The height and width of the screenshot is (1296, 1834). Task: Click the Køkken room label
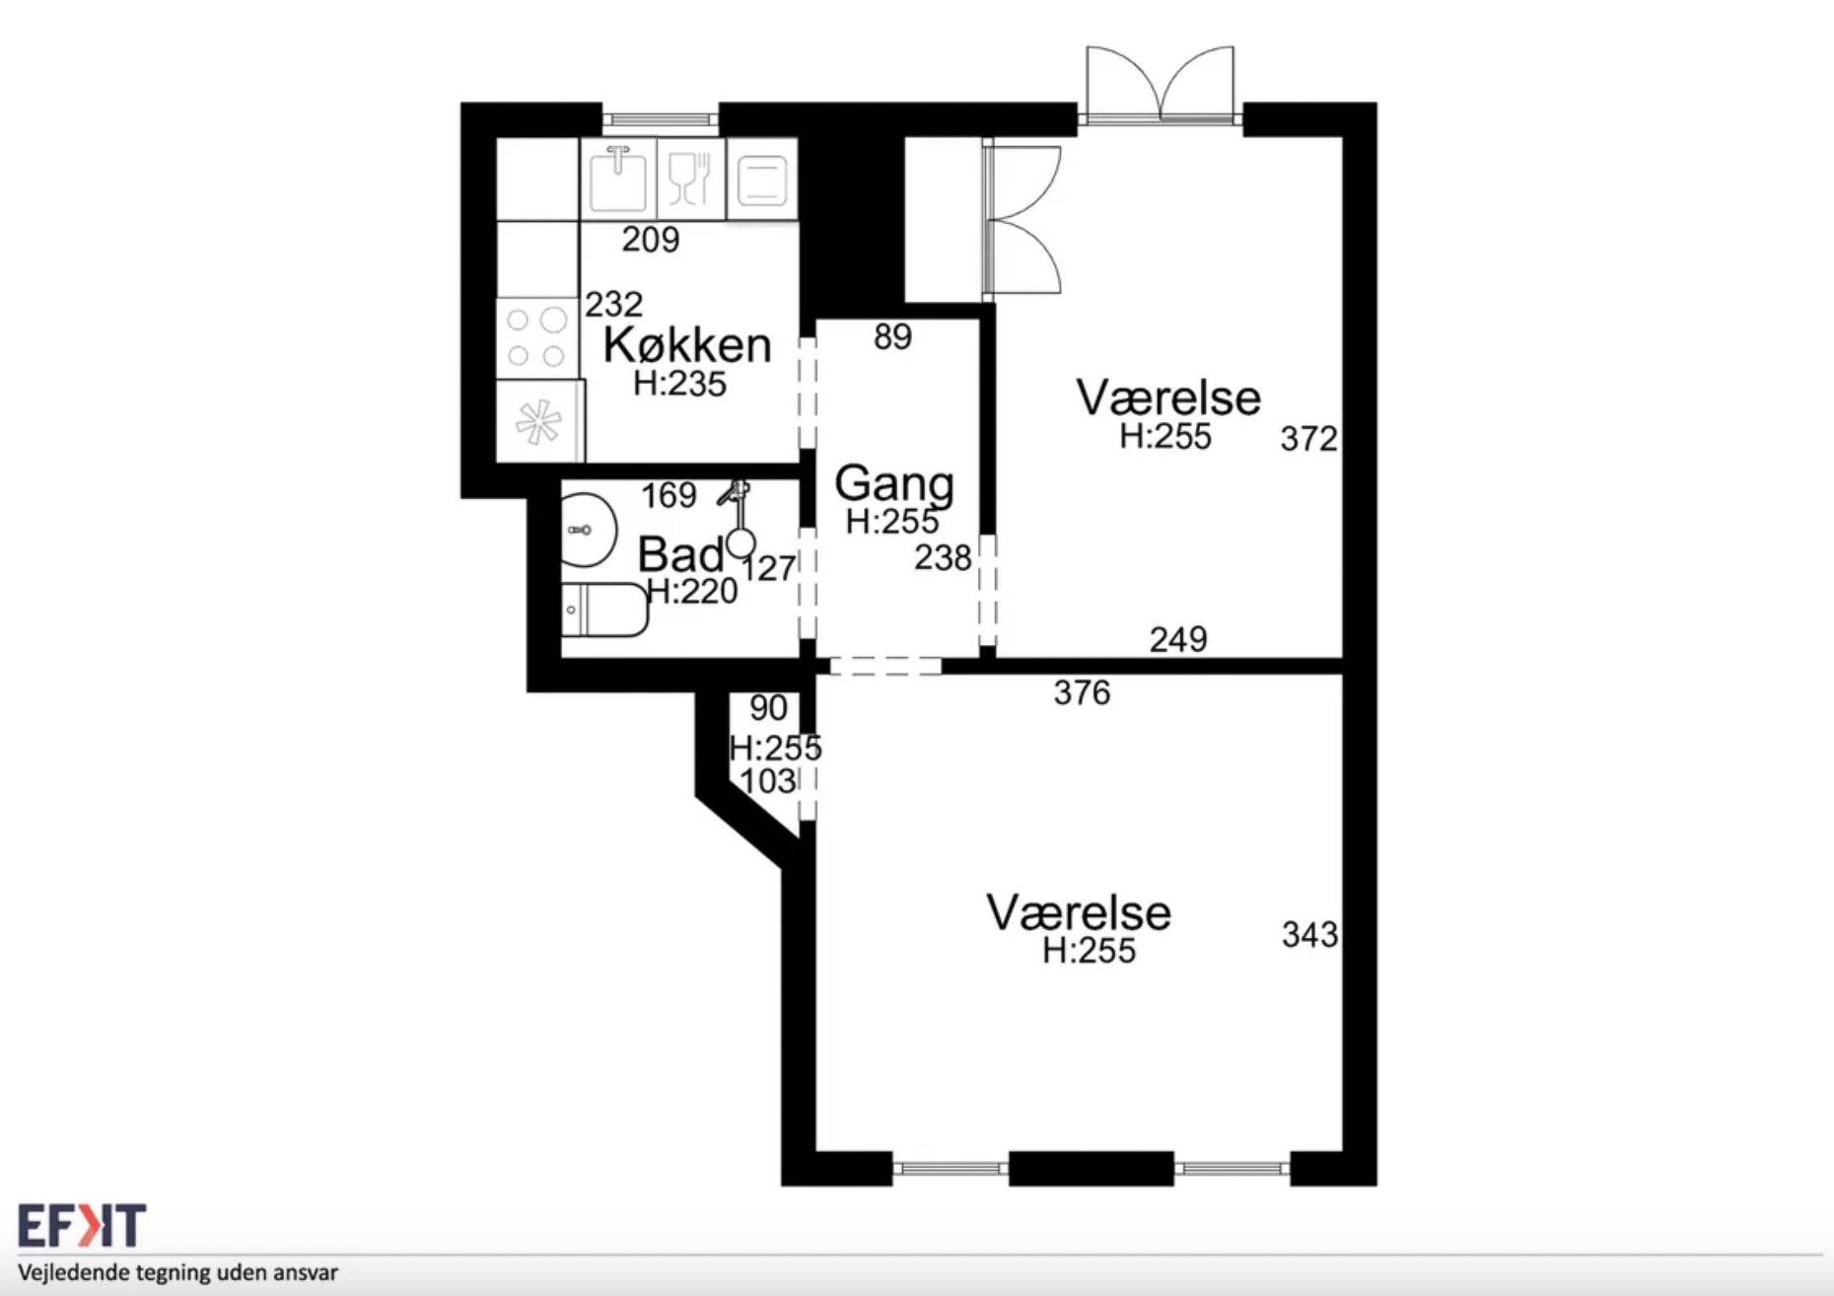[x=687, y=345]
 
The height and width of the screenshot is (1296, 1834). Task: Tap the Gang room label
[x=894, y=483]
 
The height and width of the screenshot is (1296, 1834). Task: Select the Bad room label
[x=680, y=554]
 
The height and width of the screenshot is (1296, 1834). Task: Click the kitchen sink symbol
[x=618, y=180]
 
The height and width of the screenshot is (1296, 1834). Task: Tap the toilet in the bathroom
[x=604, y=610]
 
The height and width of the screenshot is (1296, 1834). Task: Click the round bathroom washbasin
[x=589, y=531]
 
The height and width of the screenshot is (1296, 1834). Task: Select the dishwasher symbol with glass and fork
[x=690, y=180]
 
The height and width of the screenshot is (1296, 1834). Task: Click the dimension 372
[x=1308, y=438]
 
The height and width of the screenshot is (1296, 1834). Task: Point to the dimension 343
[x=1309, y=934]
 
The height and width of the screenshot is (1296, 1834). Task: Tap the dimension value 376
[x=1082, y=692]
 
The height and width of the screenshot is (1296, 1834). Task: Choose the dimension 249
[x=1178, y=639]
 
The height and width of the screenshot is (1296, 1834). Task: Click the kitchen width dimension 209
[x=651, y=239]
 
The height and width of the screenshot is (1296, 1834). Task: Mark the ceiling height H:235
[x=679, y=383]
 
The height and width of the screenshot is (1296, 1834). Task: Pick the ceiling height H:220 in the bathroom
[x=691, y=591]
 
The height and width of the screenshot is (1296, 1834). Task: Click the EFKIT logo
[x=82, y=1225]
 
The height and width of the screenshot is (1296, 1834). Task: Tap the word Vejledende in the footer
[x=72, y=1272]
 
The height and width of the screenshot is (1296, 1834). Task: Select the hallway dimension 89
[x=892, y=337]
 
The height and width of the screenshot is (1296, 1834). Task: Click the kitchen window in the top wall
[x=660, y=119]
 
